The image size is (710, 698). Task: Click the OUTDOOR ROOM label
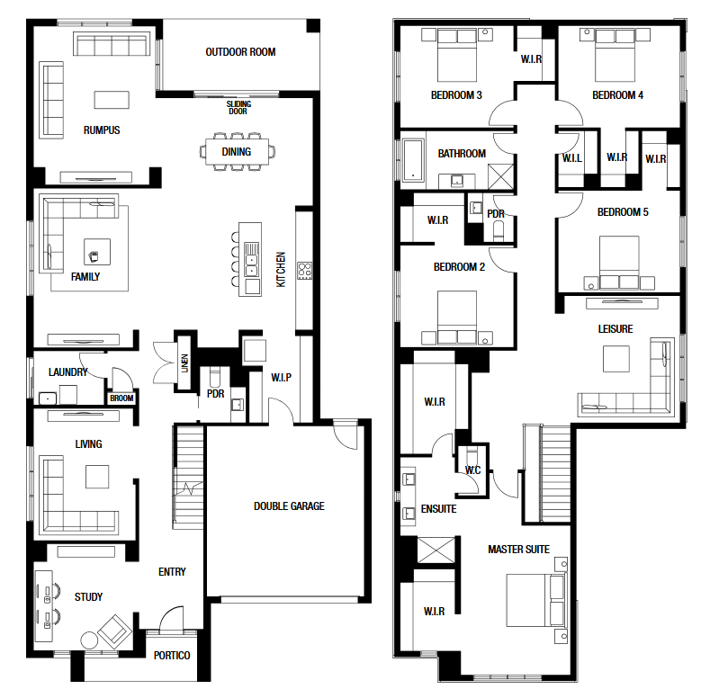(240, 52)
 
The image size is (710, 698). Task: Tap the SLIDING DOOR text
(238, 108)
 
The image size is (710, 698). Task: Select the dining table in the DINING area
(237, 151)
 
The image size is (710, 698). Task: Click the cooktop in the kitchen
(304, 270)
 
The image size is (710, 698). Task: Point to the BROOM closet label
(121, 398)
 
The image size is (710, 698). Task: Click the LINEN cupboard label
(184, 363)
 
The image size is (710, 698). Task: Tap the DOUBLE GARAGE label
(289, 506)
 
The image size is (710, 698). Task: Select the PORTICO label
(172, 656)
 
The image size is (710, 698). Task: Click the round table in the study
(89, 640)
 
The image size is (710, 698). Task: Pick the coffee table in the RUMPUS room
(112, 100)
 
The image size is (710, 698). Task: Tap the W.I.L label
(572, 158)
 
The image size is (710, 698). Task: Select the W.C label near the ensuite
(472, 470)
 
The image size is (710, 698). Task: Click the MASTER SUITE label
(518, 550)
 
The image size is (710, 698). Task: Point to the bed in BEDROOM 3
(457, 55)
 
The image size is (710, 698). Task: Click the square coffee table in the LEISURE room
(616, 359)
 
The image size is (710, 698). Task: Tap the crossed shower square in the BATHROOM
(501, 176)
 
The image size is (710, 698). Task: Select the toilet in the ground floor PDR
(215, 378)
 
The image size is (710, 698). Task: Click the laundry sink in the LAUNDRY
(48, 398)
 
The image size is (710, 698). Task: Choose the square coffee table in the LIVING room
(97, 477)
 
